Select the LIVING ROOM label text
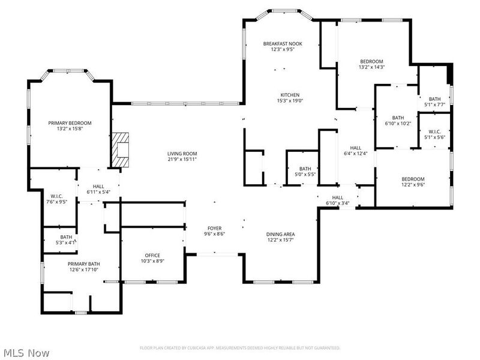click(182, 154)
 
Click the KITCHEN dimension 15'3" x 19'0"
click(290, 101)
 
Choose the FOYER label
click(215, 228)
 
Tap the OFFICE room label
click(152, 255)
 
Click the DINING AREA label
click(280, 234)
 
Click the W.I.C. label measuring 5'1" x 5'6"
click(435, 131)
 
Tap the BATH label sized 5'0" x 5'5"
click(306, 169)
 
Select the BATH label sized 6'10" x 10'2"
click(398, 118)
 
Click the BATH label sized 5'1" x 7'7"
click(434, 99)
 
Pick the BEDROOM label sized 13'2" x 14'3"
click(371, 62)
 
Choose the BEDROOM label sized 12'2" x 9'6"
click(413, 179)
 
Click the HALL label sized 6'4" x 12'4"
click(356, 148)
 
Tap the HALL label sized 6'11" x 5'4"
click(98, 187)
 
